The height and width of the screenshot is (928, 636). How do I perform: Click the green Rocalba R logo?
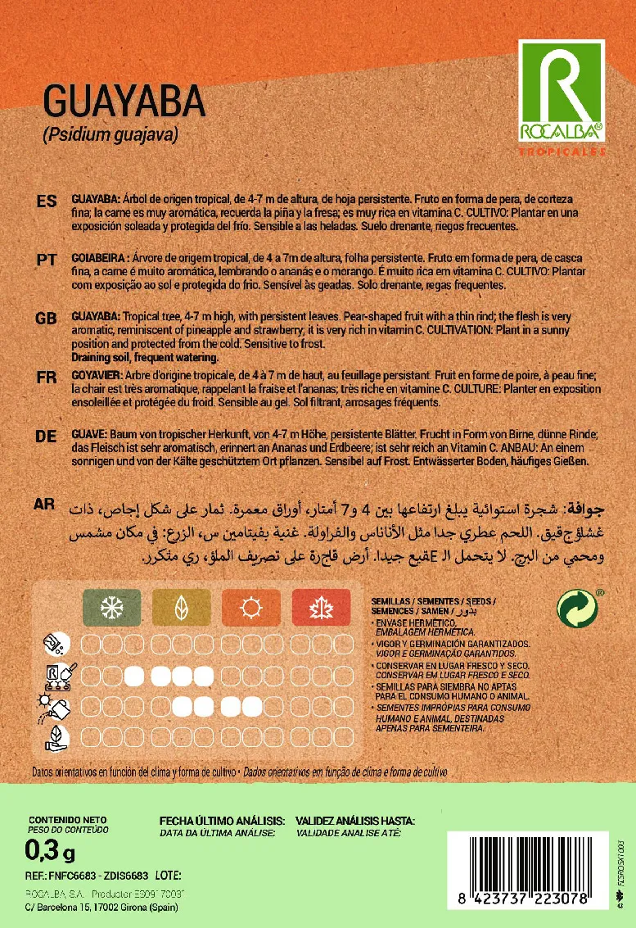(x=562, y=90)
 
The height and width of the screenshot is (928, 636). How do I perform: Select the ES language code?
(x=47, y=201)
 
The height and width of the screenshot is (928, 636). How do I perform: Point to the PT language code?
(x=47, y=259)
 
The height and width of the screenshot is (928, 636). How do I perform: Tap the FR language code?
(x=47, y=377)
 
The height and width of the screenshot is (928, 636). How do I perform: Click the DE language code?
(x=47, y=437)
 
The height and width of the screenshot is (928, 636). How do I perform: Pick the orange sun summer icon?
(x=248, y=608)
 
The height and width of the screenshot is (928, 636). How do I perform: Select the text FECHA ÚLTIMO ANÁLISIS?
(x=222, y=820)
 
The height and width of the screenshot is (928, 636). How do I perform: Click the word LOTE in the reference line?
(x=166, y=876)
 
